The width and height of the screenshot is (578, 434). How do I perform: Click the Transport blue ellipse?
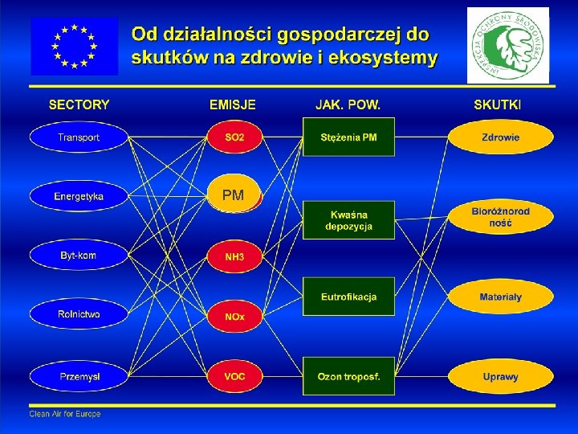79,137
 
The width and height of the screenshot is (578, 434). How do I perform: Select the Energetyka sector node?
79,196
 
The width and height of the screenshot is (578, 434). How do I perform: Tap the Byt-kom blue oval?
79,256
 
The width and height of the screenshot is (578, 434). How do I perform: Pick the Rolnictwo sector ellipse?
79,315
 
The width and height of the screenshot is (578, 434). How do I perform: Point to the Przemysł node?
79,376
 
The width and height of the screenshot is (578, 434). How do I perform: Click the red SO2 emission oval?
234,137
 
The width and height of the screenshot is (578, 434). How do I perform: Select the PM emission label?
234,195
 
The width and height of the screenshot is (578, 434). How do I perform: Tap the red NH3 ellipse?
234,257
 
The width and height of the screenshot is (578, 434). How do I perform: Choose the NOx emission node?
234,317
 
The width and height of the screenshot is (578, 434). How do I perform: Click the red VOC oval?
234,376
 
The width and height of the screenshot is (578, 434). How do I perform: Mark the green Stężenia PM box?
348,137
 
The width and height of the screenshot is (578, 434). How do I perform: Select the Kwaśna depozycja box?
348,220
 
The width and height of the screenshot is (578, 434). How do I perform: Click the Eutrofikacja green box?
348,297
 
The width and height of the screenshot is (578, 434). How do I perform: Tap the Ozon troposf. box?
348,376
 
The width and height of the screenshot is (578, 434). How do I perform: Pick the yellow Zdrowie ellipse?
500,137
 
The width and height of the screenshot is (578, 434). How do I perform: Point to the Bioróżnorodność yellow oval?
500,217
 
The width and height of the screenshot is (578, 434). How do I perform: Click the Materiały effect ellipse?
500,297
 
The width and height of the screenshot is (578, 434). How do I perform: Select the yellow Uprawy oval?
500,376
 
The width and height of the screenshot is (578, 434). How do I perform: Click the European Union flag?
74,46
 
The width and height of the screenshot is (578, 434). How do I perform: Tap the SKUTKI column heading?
497,104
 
